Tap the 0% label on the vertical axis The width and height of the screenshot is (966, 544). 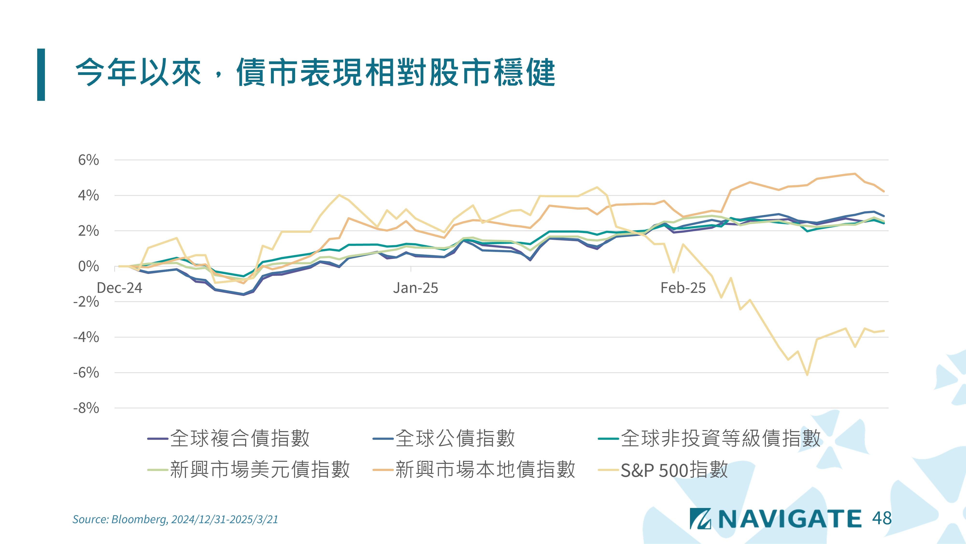[88, 266]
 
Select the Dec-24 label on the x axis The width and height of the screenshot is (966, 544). [119, 288]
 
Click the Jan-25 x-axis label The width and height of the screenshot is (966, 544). [415, 288]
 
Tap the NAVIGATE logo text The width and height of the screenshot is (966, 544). [789, 519]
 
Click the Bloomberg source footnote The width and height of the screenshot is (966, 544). [175, 519]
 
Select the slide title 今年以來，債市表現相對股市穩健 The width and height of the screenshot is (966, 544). [315, 73]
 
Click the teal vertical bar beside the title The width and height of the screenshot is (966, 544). [41, 74]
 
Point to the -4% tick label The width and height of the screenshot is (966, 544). [86, 337]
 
